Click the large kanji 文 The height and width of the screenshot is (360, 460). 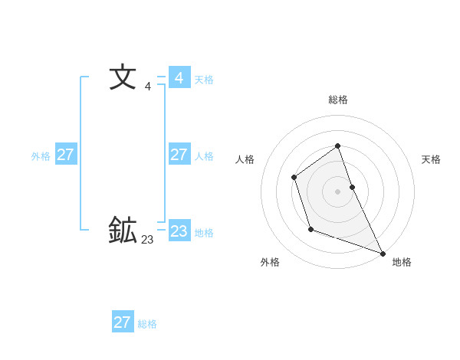click(x=123, y=77)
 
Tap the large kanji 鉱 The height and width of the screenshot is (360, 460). click(x=123, y=230)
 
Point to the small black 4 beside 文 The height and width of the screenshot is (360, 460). click(x=147, y=87)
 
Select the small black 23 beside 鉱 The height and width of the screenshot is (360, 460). click(x=147, y=240)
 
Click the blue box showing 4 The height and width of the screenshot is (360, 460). click(x=179, y=78)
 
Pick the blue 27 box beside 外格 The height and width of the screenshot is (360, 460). click(x=65, y=155)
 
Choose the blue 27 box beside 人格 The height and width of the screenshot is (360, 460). click(x=179, y=155)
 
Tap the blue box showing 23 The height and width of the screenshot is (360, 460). click(x=179, y=231)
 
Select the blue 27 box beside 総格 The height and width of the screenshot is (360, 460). click(x=122, y=322)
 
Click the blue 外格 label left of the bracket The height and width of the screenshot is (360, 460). click(x=41, y=156)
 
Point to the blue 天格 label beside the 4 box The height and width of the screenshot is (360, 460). click(x=204, y=80)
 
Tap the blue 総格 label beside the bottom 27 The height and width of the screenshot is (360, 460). click(x=147, y=324)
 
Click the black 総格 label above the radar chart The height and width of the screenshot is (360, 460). click(x=338, y=100)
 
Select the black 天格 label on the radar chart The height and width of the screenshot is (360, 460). click(x=432, y=159)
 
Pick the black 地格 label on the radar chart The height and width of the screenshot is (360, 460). click(x=402, y=262)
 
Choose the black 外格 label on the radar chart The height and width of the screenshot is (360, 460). click(x=270, y=262)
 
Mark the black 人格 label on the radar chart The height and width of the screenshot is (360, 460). click(x=245, y=159)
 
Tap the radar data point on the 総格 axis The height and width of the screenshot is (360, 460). click(x=337, y=146)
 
